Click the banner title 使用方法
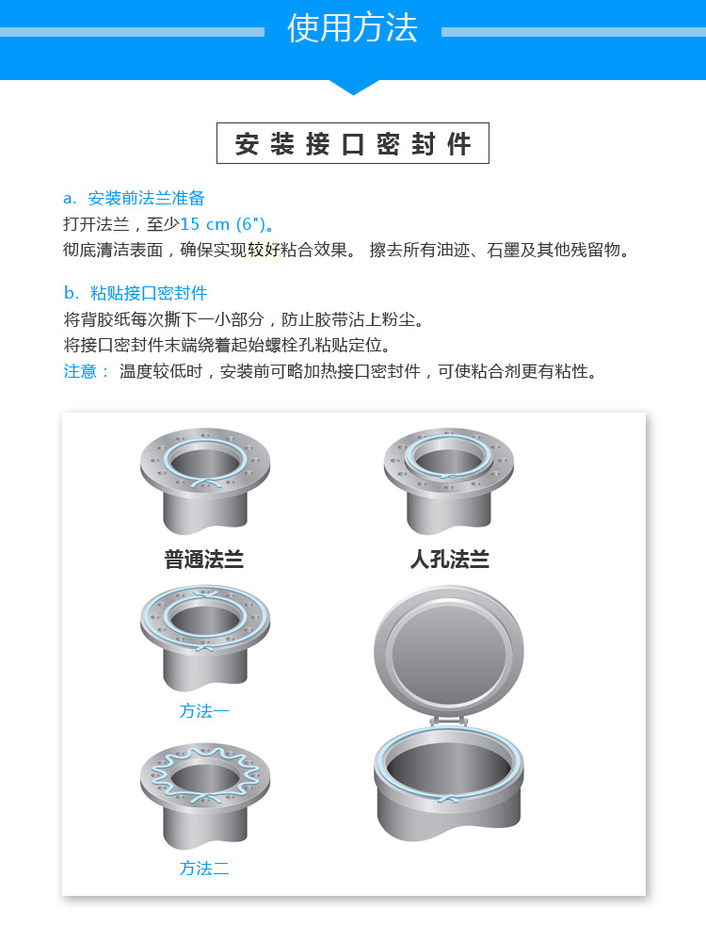point(352,27)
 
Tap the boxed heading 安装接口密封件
point(353,143)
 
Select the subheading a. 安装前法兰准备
point(135,198)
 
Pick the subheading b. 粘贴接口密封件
point(136,293)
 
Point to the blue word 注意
point(80,371)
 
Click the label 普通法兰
point(204,560)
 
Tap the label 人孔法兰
point(450,560)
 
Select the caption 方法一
point(204,710)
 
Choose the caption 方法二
point(204,869)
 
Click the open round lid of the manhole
point(448,653)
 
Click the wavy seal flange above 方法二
point(205,796)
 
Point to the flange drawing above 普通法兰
point(205,481)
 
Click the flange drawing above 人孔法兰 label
point(448,481)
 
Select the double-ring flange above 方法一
point(205,639)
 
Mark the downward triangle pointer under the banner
point(354,87)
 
